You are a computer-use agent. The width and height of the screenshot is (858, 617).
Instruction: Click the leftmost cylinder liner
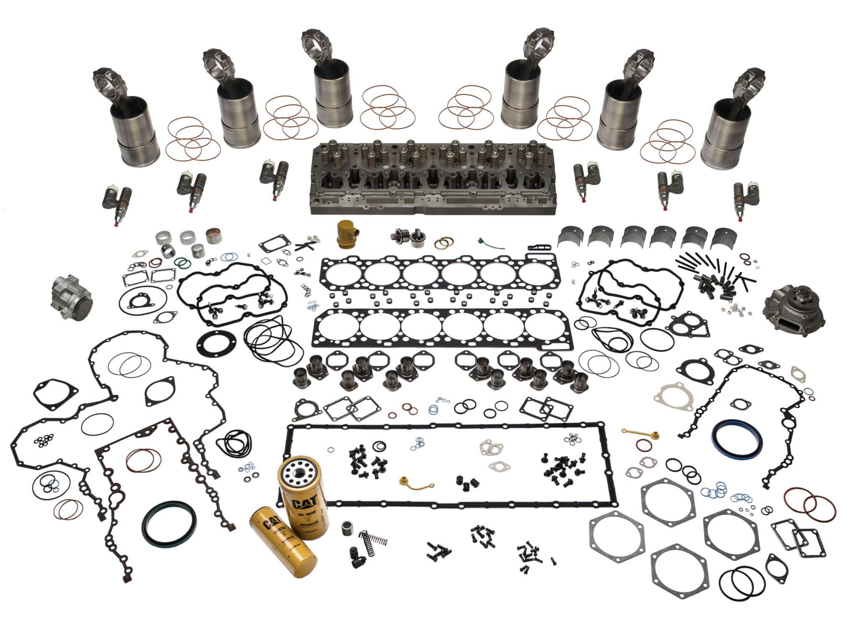[x=135, y=130]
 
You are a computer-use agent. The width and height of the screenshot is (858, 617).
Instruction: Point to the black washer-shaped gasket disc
[x=216, y=346]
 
